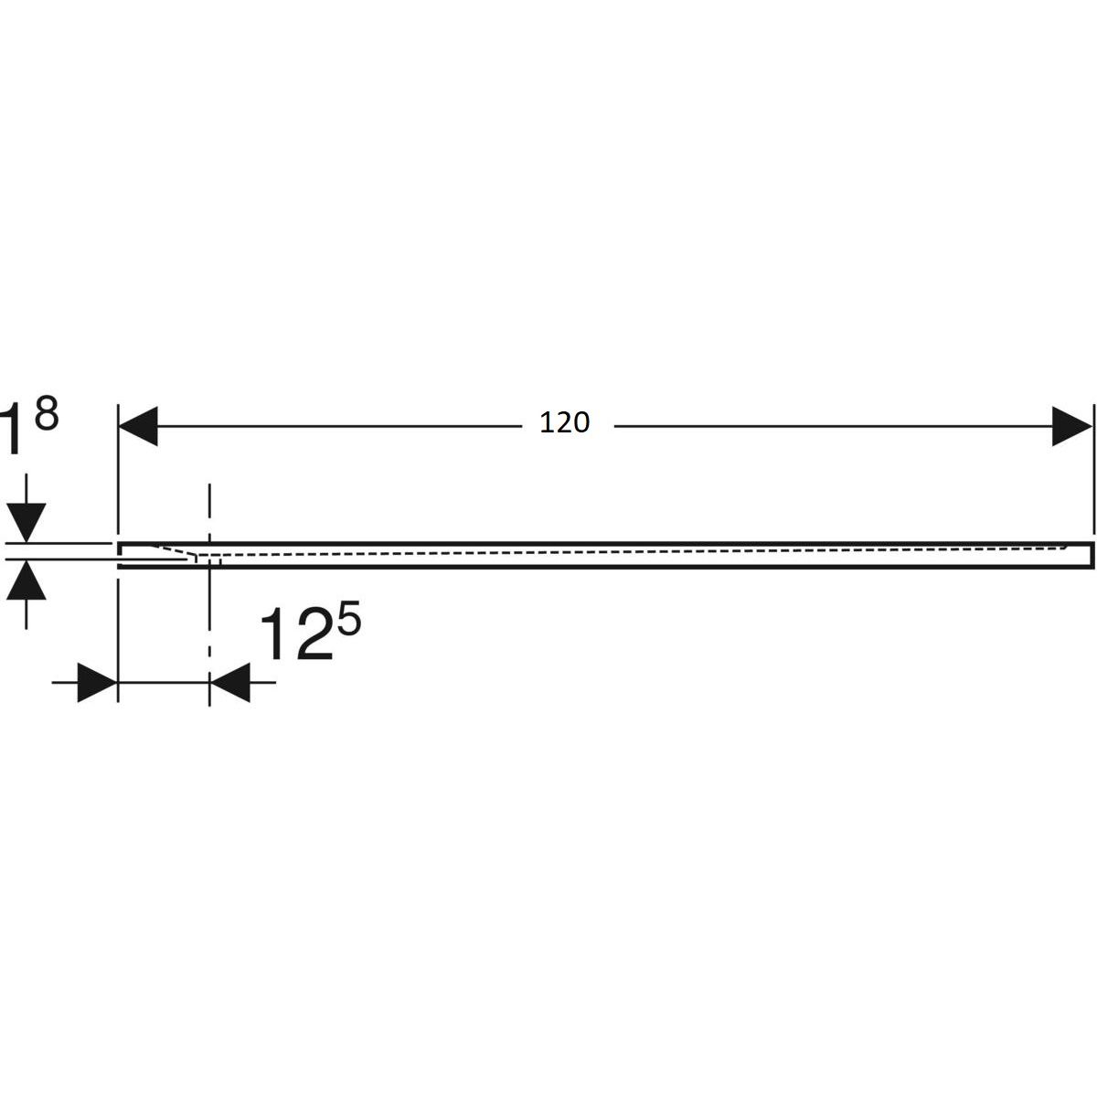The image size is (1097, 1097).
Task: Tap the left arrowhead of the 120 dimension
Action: (137, 426)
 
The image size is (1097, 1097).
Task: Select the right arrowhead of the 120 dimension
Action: (1071, 426)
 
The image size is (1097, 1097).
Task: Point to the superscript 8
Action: (46, 415)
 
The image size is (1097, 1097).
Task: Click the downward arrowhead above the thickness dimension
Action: (27, 523)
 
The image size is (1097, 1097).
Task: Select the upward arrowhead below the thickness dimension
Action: (27, 580)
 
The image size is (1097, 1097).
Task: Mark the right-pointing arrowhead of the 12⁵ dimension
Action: (97, 682)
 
